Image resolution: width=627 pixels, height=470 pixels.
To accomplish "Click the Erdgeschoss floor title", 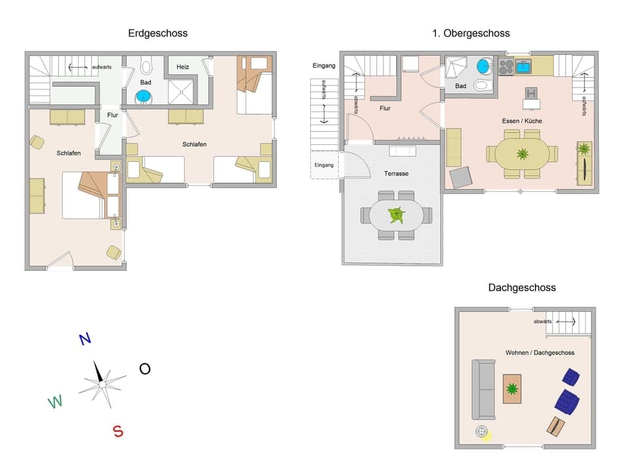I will click(157, 33).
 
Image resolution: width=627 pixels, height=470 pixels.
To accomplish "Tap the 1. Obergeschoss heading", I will click(471, 33).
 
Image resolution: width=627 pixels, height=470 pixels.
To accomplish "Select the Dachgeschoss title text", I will click(522, 287).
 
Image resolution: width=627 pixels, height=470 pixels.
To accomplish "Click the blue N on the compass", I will click(84, 339).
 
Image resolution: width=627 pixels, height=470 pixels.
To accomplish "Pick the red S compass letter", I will click(118, 431).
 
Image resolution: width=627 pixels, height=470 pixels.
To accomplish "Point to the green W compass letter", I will click(56, 401).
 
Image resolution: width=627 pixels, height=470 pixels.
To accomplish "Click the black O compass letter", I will click(144, 369).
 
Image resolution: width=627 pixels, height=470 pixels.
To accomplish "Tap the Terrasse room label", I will click(396, 174).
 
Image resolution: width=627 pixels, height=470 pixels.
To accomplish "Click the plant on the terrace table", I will click(396, 215).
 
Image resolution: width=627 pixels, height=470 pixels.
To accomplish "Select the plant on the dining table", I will click(522, 154).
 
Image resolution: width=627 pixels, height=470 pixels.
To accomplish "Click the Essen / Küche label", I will click(522, 121).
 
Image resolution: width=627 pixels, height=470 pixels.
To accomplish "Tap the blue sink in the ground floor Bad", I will click(143, 97).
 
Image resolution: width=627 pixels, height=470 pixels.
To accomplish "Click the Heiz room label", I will click(183, 67).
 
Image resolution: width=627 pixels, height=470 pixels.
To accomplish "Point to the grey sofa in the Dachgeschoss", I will click(484, 390).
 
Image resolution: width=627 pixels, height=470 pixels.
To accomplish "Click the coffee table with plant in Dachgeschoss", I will click(512, 389).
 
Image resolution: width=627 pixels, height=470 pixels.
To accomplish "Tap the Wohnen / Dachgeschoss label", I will click(539, 352).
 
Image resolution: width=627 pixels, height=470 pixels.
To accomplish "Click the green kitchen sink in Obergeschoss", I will click(522, 66).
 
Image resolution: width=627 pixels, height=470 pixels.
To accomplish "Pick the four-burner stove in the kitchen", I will click(506, 66).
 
